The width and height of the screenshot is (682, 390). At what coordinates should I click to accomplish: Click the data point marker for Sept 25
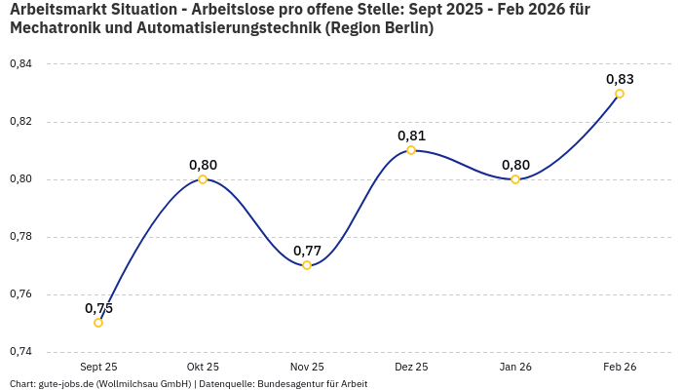click(98, 323)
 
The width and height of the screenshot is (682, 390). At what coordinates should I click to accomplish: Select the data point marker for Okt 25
click(203, 179)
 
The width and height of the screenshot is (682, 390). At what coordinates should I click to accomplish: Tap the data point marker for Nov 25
click(307, 265)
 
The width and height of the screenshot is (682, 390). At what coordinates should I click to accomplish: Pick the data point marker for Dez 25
click(411, 150)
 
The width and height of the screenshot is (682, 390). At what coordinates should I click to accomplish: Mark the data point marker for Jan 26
click(515, 179)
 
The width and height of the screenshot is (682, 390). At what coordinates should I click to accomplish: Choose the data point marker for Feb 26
click(620, 94)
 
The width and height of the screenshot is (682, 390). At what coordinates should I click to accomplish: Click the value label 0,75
click(98, 308)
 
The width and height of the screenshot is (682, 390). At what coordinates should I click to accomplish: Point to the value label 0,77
click(307, 251)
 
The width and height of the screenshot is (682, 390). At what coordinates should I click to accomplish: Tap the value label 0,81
click(411, 136)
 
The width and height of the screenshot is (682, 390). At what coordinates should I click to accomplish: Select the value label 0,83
click(620, 79)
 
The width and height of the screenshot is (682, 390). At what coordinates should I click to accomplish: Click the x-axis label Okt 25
click(203, 367)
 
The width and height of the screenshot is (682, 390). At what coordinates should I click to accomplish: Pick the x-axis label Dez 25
click(411, 367)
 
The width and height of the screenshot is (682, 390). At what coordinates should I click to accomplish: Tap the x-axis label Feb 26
click(620, 367)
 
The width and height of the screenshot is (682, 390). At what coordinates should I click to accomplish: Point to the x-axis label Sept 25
click(98, 367)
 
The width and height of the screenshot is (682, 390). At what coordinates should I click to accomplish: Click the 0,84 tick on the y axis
click(20, 64)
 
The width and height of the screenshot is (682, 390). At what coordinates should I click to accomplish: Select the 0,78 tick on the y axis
click(20, 237)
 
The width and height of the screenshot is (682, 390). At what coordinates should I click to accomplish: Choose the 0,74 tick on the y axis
click(20, 352)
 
